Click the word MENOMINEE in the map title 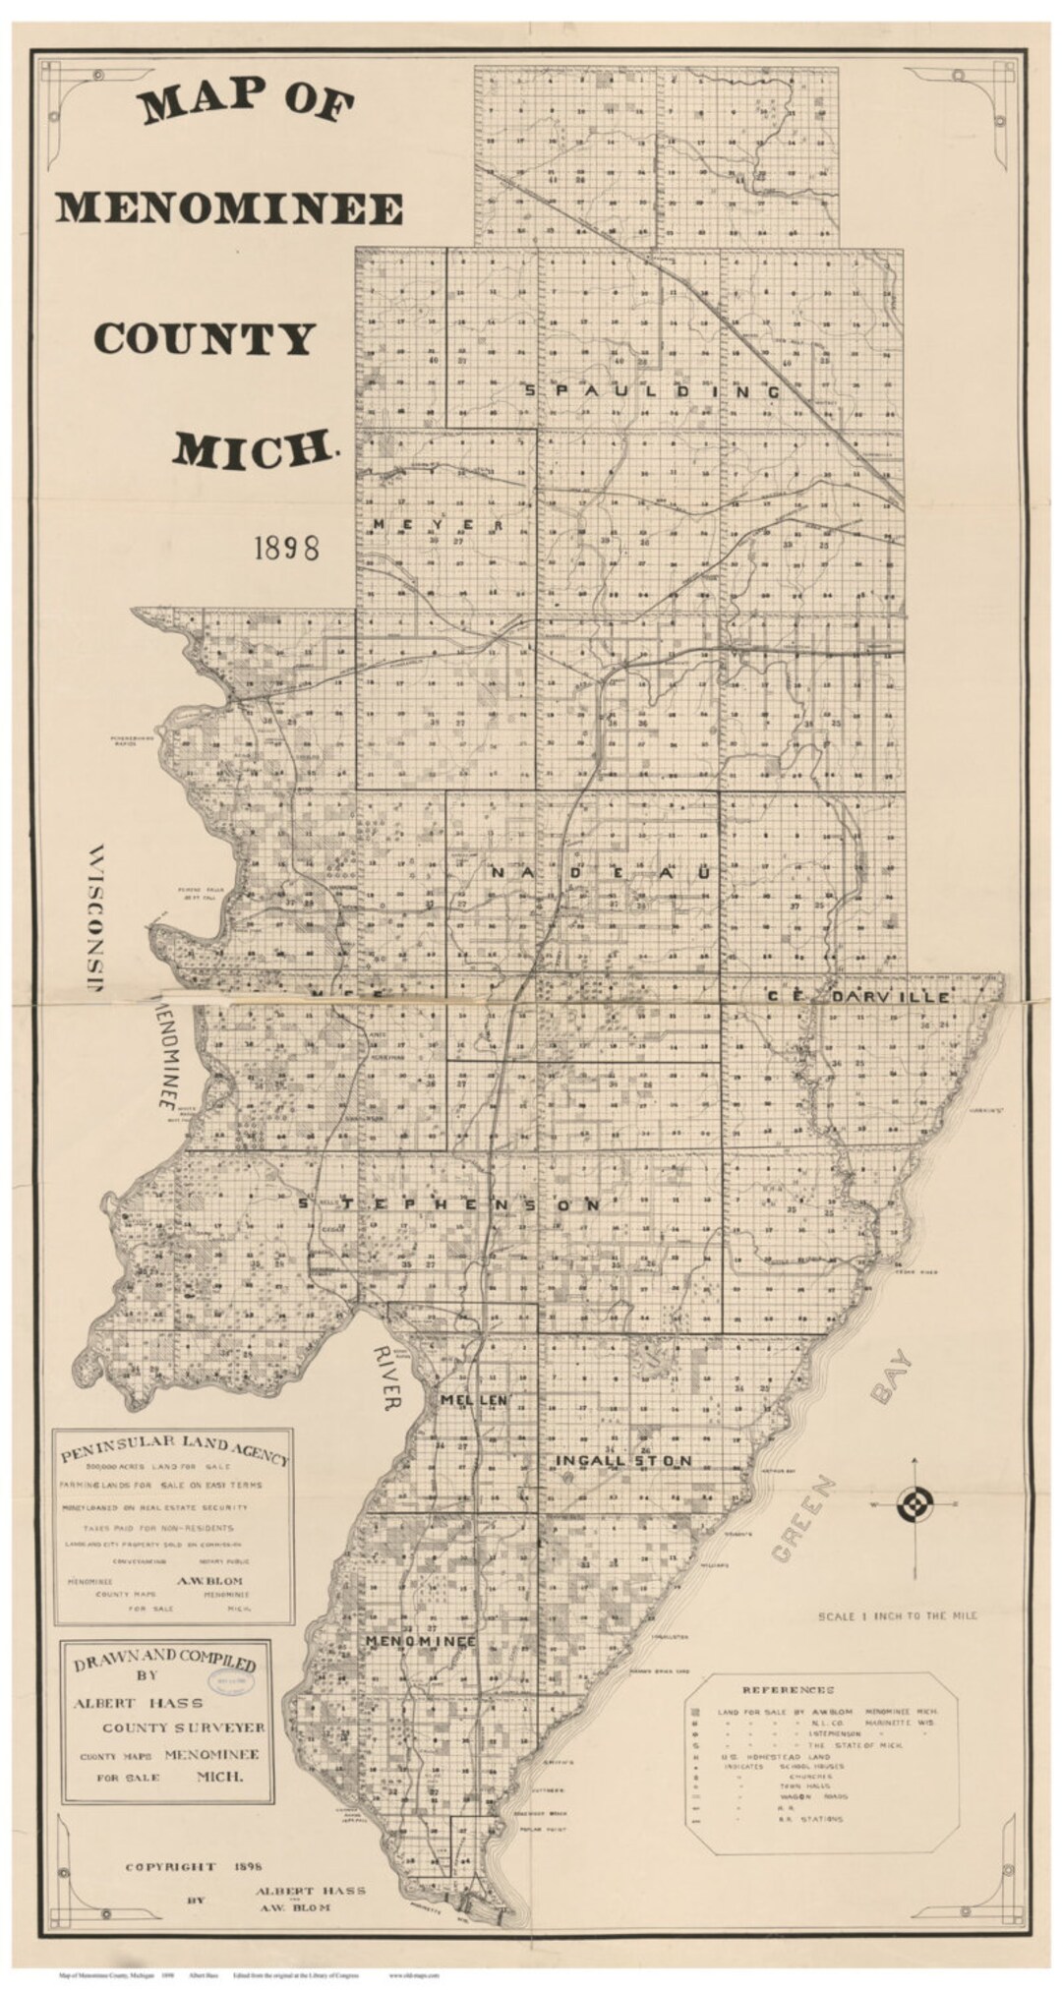(x=228, y=208)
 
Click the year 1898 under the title (x=286, y=549)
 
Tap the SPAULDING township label (x=653, y=391)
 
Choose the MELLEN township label (x=473, y=1399)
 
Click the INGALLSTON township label (x=623, y=1461)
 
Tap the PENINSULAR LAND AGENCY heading (x=173, y=1449)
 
